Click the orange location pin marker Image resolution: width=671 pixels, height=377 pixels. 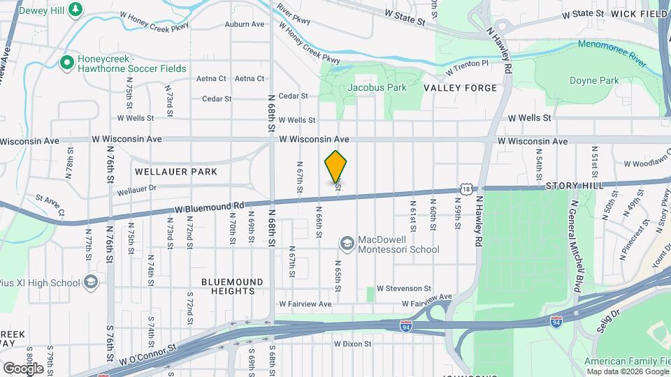point(335,166)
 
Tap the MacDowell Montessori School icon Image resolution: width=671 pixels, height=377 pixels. point(346,243)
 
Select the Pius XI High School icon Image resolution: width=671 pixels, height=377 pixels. point(90,282)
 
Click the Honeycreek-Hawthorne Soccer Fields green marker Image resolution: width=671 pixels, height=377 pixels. point(67,63)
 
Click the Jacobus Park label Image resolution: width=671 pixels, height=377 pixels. point(377,88)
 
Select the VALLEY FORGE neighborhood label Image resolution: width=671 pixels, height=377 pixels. point(460,88)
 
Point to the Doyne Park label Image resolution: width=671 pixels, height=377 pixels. point(594,80)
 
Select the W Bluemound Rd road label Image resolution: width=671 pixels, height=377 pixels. point(209,207)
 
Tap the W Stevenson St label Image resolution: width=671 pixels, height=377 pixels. point(404,288)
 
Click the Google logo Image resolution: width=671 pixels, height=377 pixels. point(24,368)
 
